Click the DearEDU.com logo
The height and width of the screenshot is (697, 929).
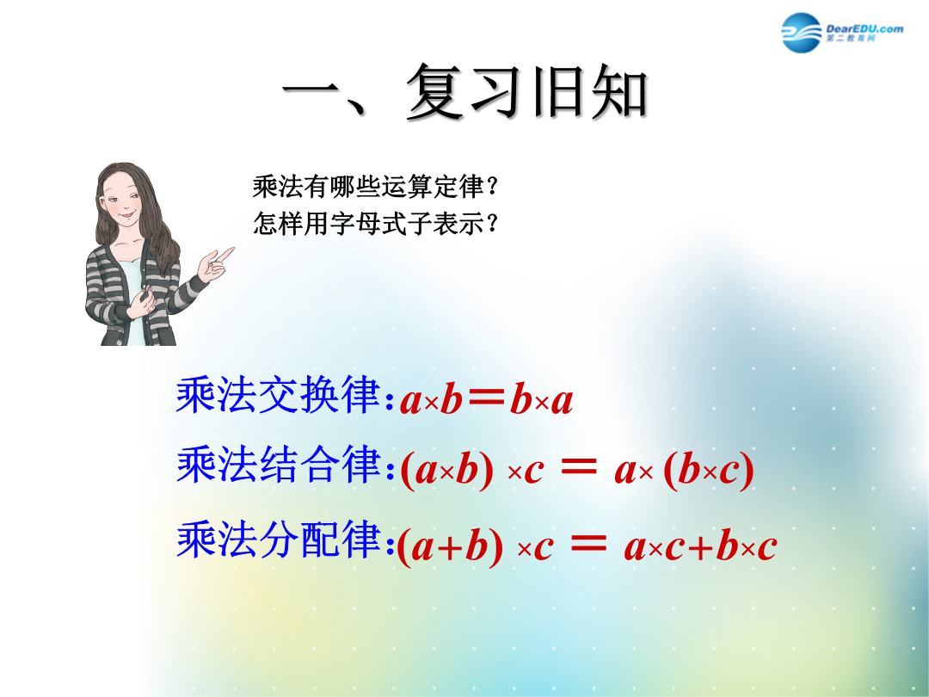[x=842, y=32]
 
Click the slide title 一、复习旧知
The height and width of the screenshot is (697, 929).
[x=465, y=92]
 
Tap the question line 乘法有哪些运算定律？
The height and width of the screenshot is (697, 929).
[x=375, y=187]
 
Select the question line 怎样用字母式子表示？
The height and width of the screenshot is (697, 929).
[x=375, y=224]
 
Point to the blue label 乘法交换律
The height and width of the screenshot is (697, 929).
[x=278, y=395]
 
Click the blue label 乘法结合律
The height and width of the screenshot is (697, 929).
[x=278, y=464]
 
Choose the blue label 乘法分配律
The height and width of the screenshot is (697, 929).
[x=278, y=539]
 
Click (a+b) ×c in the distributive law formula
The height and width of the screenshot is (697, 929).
[x=475, y=546]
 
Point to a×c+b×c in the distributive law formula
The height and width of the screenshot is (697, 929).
[x=700, y=546]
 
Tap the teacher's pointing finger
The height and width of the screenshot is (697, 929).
[x=225, y=254]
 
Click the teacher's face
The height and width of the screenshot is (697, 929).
[x=124, y=200]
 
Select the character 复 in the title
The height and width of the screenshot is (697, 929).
[x=436, y=92]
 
